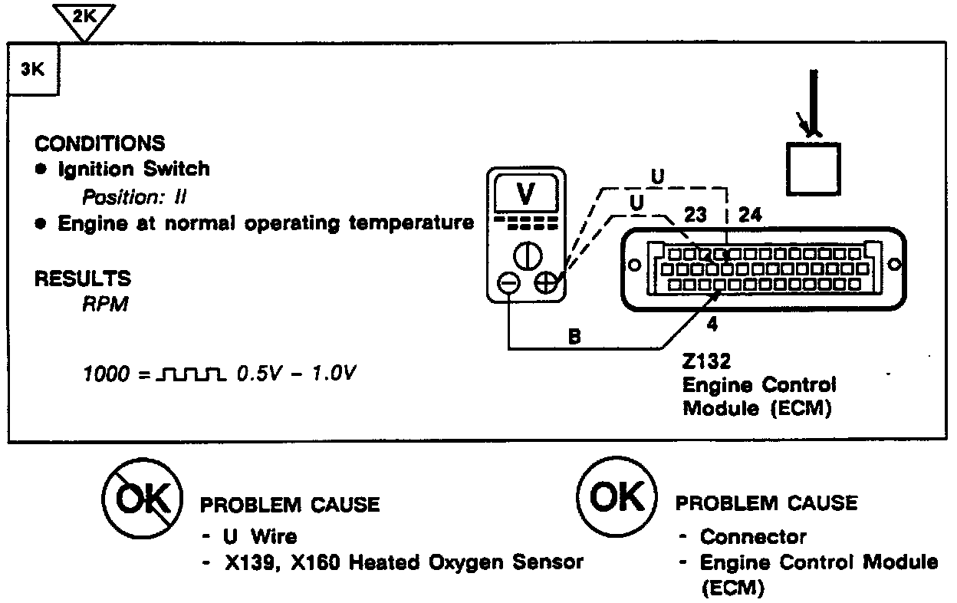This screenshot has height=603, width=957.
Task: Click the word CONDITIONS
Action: tap(100, 143)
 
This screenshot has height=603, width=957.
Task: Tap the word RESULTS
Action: tap(83, 278)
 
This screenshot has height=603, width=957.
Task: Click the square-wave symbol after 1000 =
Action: tap(191, 375)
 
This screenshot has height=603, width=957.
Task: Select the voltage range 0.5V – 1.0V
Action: tap(296, 374)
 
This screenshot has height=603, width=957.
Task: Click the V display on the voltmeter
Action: tap(526, 196)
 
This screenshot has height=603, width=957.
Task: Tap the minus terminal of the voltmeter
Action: tap(508, 284)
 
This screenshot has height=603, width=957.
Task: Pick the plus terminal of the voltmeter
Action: tap(546, 284)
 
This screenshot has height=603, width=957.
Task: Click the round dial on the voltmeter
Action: tap(527, 255)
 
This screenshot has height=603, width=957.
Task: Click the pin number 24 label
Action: tap(750, 215)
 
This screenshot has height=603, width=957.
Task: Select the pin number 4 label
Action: tap(712, 323)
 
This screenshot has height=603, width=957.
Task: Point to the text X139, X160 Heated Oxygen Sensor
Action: tap(404, 562)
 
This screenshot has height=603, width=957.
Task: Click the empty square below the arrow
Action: tap(812, 169)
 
